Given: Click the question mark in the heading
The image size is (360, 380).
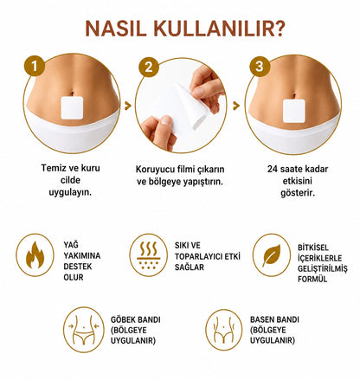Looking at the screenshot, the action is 278,28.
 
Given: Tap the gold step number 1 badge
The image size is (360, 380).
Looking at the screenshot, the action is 35,66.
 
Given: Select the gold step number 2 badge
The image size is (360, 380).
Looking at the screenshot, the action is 149,67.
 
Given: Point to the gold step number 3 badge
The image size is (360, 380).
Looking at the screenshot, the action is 260,66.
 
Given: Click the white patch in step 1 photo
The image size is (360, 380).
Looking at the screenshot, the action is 72,107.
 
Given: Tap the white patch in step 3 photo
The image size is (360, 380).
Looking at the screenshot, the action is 294,111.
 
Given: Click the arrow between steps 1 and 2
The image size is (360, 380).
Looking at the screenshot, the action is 128,106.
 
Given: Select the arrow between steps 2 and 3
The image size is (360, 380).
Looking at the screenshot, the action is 236,106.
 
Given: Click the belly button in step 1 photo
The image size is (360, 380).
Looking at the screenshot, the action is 72,93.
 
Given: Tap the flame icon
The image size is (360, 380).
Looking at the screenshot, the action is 35,255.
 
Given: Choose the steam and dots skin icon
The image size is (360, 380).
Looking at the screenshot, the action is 148,255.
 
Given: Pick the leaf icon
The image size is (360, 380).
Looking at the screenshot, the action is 272,255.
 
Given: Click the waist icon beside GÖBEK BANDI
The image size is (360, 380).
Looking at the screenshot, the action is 84,330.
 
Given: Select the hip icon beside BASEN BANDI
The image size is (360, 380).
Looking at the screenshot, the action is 224,330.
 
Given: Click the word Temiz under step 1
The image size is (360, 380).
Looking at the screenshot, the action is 51,168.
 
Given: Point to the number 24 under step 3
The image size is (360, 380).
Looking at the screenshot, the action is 273,169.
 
